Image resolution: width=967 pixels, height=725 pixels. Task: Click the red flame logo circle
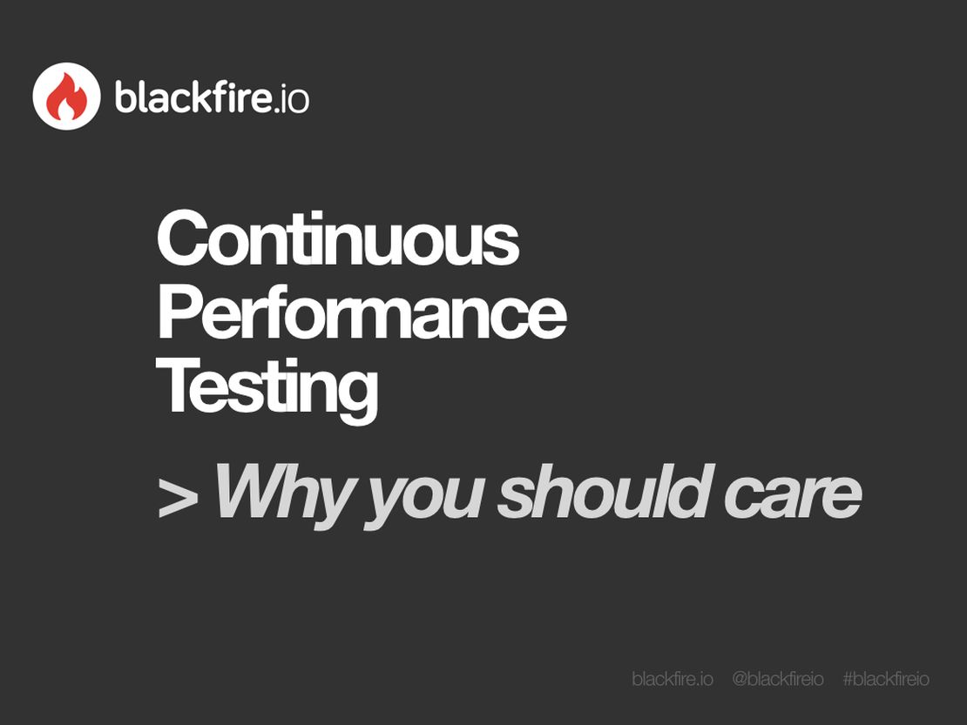[66, 97]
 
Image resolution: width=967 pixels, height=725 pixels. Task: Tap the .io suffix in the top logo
[291, 98]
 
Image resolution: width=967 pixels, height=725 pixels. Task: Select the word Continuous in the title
[338, 239]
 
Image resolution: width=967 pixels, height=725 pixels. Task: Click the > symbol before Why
[178, 497]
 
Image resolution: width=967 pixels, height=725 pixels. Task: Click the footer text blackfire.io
[673, 679]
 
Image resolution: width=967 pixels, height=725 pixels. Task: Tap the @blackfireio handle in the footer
[777, 679]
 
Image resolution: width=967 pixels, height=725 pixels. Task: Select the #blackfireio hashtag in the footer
[886, 679]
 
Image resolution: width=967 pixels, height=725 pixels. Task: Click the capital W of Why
[254, 492]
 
